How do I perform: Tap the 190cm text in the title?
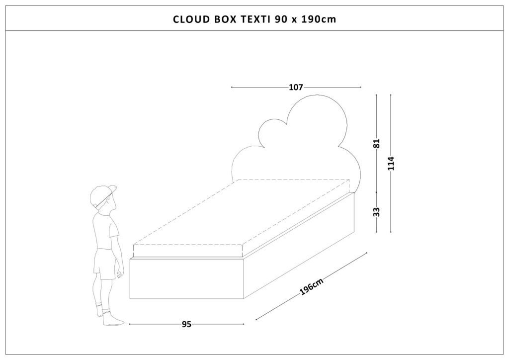[319, 19]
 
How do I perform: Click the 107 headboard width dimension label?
[296, 88]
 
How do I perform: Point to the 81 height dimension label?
[377, 143]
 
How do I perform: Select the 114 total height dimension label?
[391, 163]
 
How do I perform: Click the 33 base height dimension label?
[377, 212]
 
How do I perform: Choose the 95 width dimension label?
[186, 324]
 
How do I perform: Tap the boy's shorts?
[104, 264]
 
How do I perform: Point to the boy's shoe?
[113, 320]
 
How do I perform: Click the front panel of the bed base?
[187, 278]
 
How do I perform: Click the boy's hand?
[120, 274]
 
